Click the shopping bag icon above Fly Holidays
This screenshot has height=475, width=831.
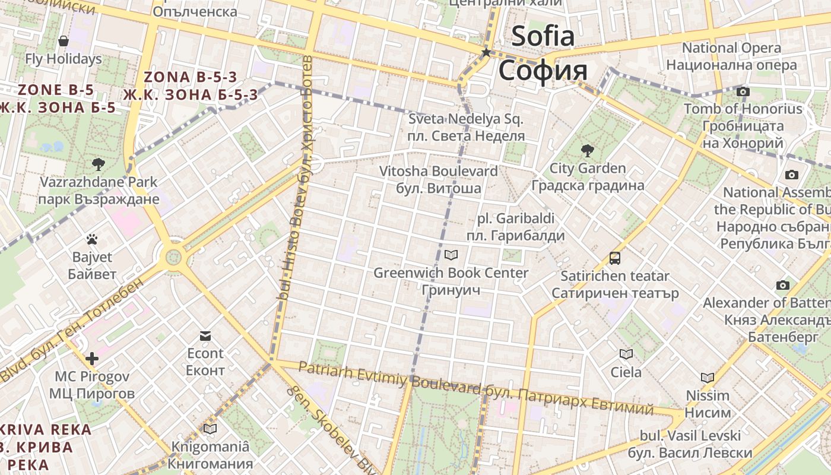pyautogui.click(x=64, y=41)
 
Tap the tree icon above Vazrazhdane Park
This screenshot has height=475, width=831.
pyautogui.click(x=99, y=164)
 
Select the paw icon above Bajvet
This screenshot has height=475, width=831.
pyautogui.click(x=91, y=239)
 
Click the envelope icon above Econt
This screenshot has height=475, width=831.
pyautogui.click(x=205, y=335)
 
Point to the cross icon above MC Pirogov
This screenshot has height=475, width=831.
pyautogui.click(x=91, y=358)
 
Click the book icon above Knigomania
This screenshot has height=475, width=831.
pyautogui.click(x=210, y=428)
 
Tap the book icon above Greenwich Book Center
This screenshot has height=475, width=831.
pyautogui.click(x=451, y=255)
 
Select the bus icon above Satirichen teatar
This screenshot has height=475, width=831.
pyautogui.click(x=615, y=258)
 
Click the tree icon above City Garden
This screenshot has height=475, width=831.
pyautogui.click(x=588, y=150)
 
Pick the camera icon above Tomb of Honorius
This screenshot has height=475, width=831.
pyautogui.click(x=743, y=91)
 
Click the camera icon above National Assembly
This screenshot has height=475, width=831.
pyautogui.click(x=791, y=175)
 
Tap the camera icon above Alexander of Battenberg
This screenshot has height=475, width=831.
pyautogui.click(x=783, y=285)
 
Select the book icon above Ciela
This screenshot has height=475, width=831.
pyautogui.click(x=626, y=354)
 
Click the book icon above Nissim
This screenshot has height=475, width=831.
pyautogui.click(x=707, y=378)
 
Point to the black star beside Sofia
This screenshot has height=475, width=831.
pyautogui.click(x=486, y=53)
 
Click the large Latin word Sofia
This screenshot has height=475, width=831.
pyautogui.click(x=543, y=36)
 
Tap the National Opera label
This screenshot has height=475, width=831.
pyautogui.click(x=731, y=47)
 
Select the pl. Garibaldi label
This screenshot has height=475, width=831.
pyautogui.click(x=516, y=218)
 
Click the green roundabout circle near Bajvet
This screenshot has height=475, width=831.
pyautogui.click(x=173, y=257)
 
